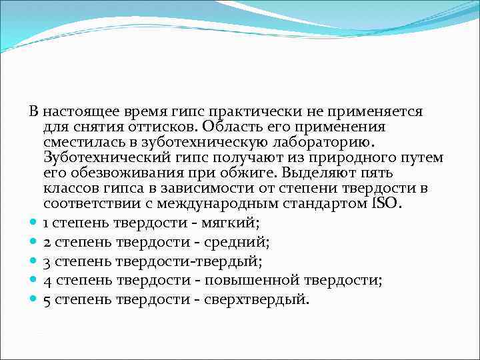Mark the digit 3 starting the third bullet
(x=47, y=261)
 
